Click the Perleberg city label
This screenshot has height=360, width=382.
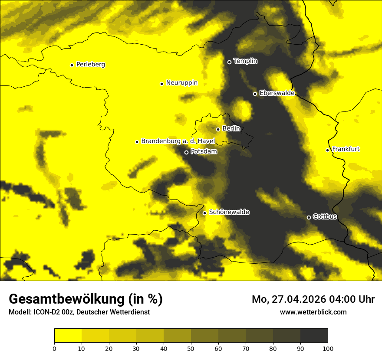(x=91, y=65)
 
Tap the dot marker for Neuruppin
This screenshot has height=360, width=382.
(x=161, y=84)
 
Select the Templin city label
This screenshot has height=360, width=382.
(x=246, y=61)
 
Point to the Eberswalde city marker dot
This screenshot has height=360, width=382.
(x=255, y=94)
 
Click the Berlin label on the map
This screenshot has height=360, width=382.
(x=231, y=129)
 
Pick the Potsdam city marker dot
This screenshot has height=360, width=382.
(x=186, y=152)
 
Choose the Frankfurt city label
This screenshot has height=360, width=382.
(x=346, y=149)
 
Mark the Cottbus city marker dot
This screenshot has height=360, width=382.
(x=309, y=217)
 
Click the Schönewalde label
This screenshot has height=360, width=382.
(x=229, y=212)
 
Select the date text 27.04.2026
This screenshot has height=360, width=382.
(x=301, y=299)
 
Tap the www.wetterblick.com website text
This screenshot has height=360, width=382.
(x=313, y=312)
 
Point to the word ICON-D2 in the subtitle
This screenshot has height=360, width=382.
(x=46, y=312)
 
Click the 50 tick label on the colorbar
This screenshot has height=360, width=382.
(x=191, y=348)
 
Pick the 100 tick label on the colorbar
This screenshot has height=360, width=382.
(x=328, y=348)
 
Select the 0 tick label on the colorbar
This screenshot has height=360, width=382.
(x=54, y=348)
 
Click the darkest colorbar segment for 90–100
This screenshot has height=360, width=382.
(x=314, y=336)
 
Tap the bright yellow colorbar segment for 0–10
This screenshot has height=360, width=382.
(x=68, y=336)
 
